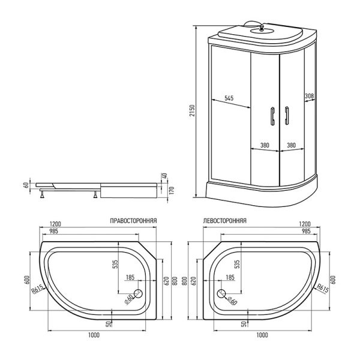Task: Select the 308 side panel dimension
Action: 310,96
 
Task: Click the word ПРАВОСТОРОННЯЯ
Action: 134,221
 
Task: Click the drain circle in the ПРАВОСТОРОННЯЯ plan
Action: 137,294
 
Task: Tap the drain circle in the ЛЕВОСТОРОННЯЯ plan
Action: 222,294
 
